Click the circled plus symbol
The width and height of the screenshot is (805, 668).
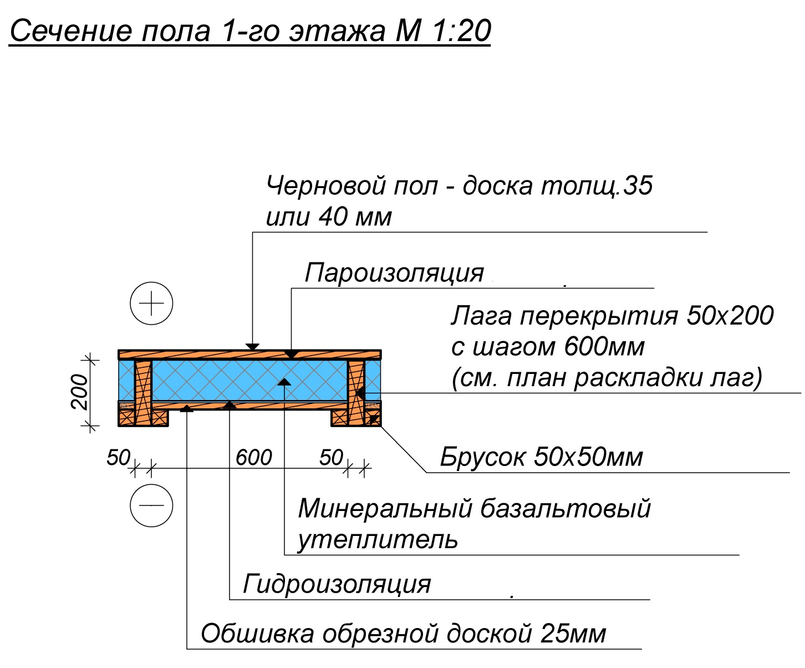151,303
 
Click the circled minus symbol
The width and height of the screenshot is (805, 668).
151,505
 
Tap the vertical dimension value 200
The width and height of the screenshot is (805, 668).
80,392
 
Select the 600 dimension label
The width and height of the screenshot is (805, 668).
254,457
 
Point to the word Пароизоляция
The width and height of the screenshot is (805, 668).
394,273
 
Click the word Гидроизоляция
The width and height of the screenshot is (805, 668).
337,584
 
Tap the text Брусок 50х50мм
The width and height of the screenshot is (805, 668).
541,457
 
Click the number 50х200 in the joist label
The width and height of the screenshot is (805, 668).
730,316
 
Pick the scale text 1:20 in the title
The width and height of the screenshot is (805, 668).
462,31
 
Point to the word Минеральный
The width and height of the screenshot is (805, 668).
385,508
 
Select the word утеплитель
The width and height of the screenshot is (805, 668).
378,539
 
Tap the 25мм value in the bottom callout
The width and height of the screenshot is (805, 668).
573,634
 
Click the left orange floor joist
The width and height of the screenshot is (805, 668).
143,392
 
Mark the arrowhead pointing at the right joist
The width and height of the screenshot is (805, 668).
360,393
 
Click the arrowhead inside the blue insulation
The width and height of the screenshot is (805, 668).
284,382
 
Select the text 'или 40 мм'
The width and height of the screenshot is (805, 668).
329,217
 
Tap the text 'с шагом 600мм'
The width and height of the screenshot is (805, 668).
547,347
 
